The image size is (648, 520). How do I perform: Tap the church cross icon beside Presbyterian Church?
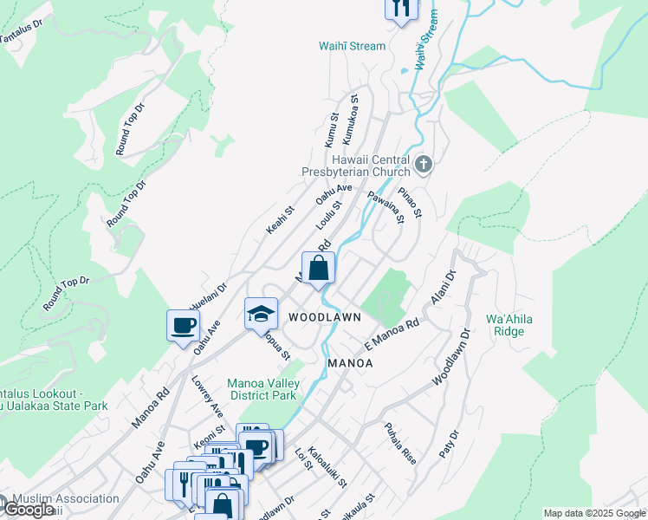423,163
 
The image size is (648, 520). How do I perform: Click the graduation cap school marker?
261,314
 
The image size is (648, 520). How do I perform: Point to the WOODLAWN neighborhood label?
325,318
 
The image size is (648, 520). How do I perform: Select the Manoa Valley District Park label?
262,389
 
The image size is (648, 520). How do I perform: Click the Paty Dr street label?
449,443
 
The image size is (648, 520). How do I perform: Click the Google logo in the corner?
29,510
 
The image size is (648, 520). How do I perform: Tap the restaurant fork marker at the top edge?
400,8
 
